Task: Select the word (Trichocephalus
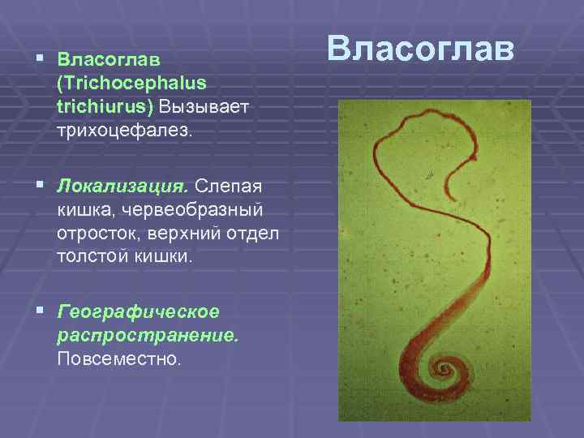click(x=131, y=84)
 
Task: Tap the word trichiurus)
click(x=105, y=107)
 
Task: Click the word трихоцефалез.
click(x=126, y=131)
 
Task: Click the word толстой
click(x=93, y=257)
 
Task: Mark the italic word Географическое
click(x=138, y=311)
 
